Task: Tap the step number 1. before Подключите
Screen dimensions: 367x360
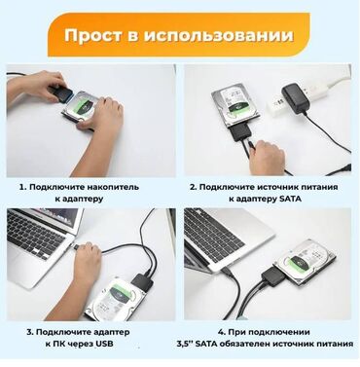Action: tap(22, 184)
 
